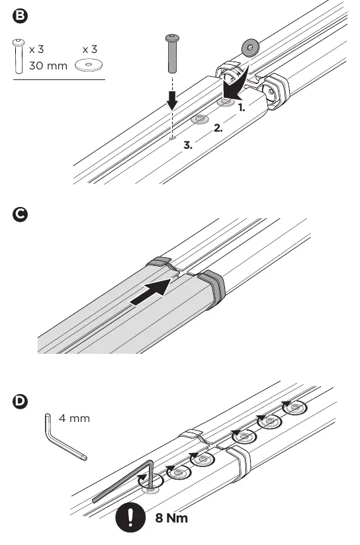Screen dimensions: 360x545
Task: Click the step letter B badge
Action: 20,16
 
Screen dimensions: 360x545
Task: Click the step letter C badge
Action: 20,214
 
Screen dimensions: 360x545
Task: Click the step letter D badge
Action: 20,401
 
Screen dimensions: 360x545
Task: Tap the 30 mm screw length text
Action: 48,65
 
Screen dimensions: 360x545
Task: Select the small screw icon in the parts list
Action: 19,56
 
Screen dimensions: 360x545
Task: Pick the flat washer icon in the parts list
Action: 89,65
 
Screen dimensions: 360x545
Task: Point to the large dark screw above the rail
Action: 173,53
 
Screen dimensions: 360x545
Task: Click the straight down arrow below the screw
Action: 172,99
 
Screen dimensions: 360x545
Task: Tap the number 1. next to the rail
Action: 242,108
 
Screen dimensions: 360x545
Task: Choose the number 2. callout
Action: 218,128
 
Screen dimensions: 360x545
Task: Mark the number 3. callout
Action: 188,146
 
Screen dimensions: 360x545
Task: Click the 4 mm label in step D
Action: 74,418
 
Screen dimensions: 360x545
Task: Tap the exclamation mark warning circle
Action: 130,517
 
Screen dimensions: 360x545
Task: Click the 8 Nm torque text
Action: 171,518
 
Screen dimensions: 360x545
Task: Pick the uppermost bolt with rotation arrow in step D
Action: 294,407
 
